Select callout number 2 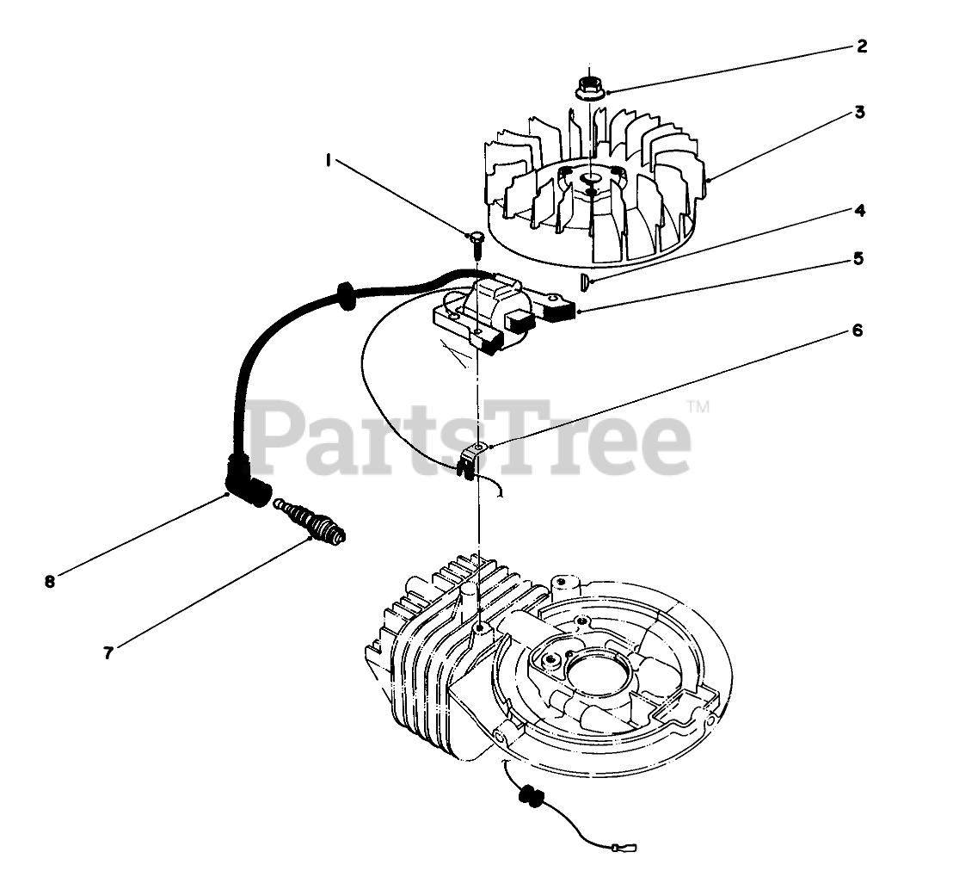tap(860, 46)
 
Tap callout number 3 tap(860, 112)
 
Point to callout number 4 tap(860, 210)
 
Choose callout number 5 tap(860, 257)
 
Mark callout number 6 tap(860, 330)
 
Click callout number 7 tap(108, 652)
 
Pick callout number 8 tap(49, 580)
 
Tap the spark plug tap(311, 522)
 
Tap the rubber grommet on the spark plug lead tap(346, 295)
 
